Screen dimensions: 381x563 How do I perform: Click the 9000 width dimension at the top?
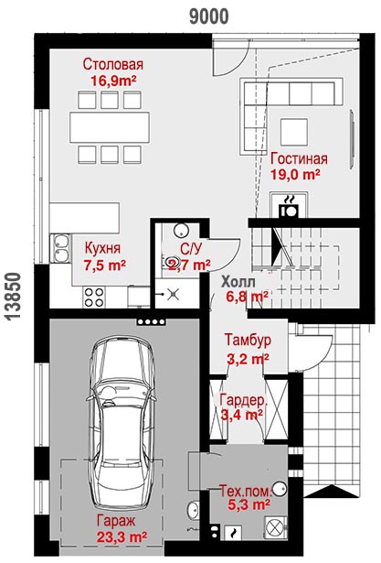[208, 16]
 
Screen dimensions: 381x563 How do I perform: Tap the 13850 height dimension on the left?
[14, 296]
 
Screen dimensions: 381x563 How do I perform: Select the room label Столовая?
[113, 64]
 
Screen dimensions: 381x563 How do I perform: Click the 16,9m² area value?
[113, 81]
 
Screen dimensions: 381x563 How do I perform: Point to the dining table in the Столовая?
[110, 127]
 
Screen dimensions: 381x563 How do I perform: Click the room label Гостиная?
[299, 158]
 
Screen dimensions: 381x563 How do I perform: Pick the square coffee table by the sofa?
[294, 132]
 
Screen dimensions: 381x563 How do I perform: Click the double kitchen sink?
[61, 248]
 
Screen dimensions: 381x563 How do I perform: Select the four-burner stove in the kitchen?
[94, 297]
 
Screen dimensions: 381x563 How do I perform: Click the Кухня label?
[102, 248]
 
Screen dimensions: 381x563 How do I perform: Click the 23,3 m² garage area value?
[122, 537]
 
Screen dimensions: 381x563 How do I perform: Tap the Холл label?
[238, 282]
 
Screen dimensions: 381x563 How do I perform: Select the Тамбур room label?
[248, 340]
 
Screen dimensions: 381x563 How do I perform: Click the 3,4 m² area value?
[242, 415]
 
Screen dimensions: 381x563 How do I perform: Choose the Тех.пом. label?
[246, 491]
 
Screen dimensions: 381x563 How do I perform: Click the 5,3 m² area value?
[249, 504]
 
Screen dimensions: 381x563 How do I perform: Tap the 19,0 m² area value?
[295, 175]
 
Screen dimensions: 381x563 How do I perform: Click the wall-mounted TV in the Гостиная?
[353, 139]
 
